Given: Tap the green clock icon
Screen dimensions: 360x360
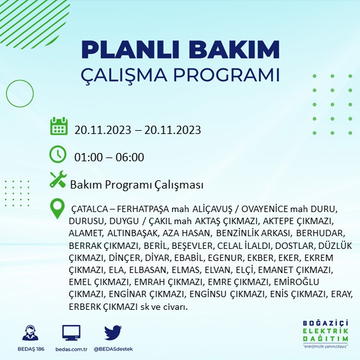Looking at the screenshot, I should point(58,154).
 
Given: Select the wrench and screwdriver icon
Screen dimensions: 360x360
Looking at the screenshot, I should point(58,180).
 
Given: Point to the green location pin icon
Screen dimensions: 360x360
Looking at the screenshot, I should point(58,207).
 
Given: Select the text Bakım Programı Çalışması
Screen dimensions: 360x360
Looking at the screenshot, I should point(137,185).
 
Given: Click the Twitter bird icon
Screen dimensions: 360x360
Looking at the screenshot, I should point(112,333).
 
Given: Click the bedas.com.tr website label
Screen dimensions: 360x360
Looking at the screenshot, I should point(71,349).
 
